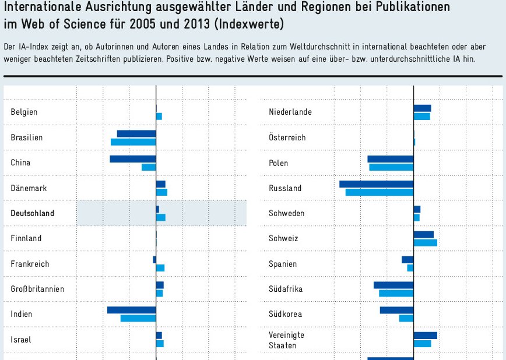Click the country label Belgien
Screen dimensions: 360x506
coord(24,112)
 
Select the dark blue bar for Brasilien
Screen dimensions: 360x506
coord(136,133)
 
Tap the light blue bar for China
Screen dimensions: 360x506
coord(149,167)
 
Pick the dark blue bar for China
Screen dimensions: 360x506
coord(133,159)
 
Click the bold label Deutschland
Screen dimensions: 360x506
coord(33,213)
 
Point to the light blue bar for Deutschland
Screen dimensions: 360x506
coord(161,217)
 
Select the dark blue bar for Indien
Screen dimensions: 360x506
coord(132,310)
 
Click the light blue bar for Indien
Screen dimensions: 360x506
coord(138,318)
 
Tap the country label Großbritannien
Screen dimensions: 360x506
coord(37,289)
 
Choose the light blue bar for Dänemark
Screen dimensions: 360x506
coord(161,192)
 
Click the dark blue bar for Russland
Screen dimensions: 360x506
coord(377,184)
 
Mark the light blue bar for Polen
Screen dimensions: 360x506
coord(391,167)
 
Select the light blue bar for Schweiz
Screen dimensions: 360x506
coord(425,242)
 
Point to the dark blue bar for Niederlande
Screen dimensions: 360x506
coord(422,108)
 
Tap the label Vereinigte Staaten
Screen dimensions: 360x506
coord(287,340)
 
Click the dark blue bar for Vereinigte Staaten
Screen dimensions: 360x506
coord(425,336)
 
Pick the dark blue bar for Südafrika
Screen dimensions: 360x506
coord(393,285)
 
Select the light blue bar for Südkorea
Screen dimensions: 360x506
coord(406,318)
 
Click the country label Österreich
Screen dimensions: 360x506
coord(287,137)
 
